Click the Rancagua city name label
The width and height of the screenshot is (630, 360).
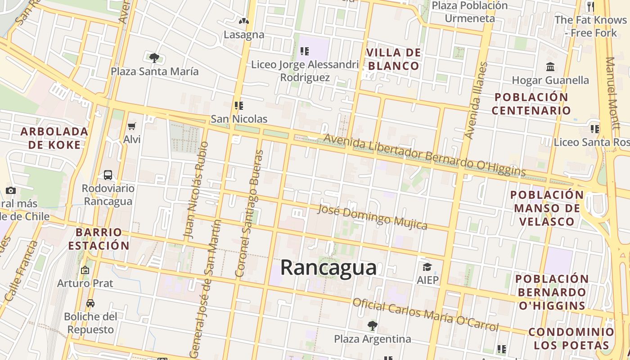pos(328,267)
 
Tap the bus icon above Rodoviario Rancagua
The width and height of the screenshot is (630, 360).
pos(108,175)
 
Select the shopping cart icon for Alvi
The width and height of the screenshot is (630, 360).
pos(132,126)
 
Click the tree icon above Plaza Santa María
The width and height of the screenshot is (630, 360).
pos(154,58)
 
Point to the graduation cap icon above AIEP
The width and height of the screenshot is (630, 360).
pos(427,266)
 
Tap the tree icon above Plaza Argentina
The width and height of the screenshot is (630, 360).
pos(372,325)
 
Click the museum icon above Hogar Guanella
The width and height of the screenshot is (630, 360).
pos(550,67)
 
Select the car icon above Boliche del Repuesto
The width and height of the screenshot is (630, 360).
pos(90,303)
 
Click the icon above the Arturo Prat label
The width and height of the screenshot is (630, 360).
pos(85,270)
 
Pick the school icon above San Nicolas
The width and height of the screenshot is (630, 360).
pos(239,106)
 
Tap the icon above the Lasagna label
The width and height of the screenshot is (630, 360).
pos(243,21)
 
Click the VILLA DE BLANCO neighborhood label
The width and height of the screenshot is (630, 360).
pos(394,59)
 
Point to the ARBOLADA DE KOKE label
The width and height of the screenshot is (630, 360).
pos(54,138)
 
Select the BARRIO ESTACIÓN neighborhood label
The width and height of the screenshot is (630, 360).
pos(103,239)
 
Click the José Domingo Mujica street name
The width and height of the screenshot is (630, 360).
pos(372,216)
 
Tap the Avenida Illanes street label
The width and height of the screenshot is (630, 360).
pos(476,101)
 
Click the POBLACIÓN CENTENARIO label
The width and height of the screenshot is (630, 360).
pos(531,104)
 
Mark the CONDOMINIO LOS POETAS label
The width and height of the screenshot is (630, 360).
pos(571,338)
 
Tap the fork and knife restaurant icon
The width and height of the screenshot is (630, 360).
pos(590,7)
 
